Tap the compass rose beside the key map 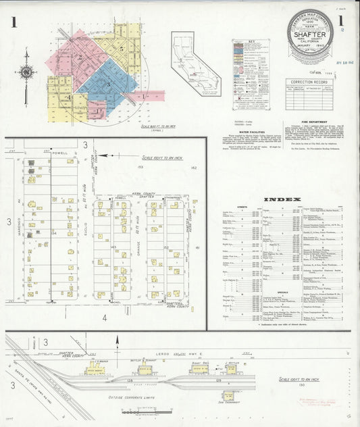click(x=26, y=72)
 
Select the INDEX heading click(x=278, y=199)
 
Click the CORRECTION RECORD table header click(x=309, y=81)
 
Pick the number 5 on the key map click(x=121, y=49)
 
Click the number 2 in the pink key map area click(x=80, y=57)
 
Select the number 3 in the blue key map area click(x=107, y=84)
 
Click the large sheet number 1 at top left click(x=14, y=22)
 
